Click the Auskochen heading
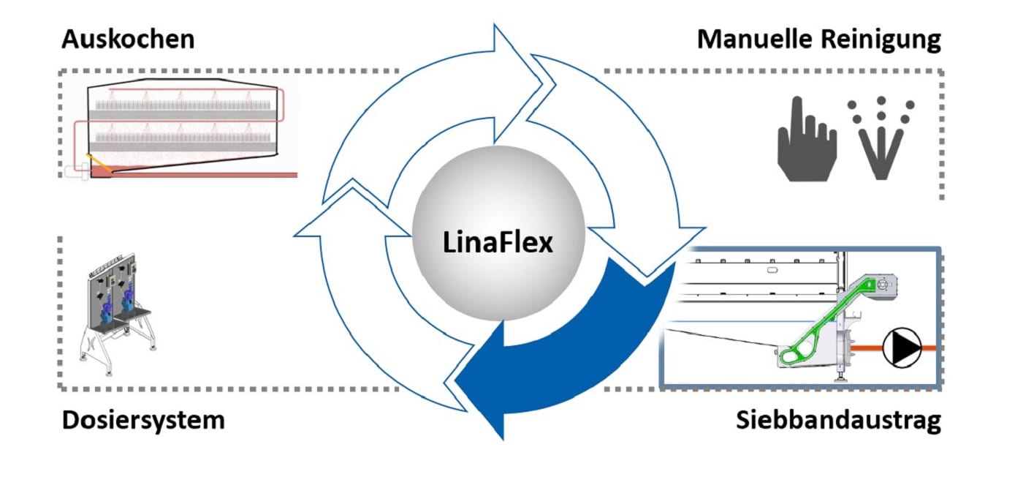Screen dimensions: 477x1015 tap(128, 39)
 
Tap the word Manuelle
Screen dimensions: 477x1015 tap(756, 40)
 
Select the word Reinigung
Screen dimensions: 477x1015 tap(883, 40)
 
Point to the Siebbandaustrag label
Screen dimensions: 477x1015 tap(838, 422)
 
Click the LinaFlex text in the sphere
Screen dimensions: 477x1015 tap(498, 241)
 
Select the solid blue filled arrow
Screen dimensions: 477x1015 tap(577, 351)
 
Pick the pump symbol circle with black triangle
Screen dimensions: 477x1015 tap(902, 348)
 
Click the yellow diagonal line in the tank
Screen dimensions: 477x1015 tap(97, 165)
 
